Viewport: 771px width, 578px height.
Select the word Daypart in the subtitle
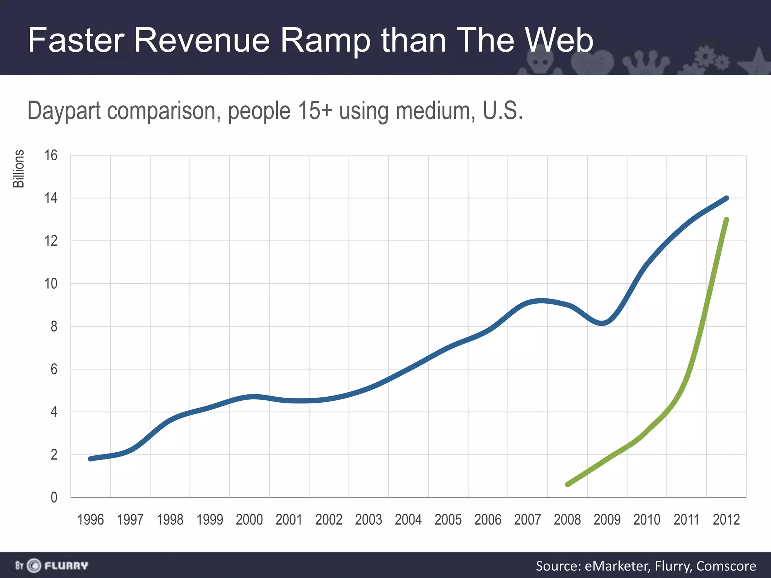(64, 111)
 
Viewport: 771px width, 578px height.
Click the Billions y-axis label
(18, 169)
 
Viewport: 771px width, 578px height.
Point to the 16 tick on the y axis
(51, 155)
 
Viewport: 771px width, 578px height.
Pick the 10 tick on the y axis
(51, 284)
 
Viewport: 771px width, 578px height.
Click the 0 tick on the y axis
(54, 497)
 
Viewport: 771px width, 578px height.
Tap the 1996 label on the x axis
(90, 520)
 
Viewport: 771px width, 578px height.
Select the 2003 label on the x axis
(369, 520)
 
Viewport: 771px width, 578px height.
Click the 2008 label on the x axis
(567, 520)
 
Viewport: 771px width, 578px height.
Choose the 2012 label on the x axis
(726, 520)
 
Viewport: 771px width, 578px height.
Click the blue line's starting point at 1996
(90, 459)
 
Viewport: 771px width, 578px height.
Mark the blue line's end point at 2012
(727, 198)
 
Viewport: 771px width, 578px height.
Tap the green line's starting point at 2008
(568, 484)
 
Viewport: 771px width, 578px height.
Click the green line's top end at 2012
(727, 220)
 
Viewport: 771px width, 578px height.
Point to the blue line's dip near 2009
(602, 323)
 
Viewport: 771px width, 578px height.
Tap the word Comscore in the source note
(726, 566)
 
